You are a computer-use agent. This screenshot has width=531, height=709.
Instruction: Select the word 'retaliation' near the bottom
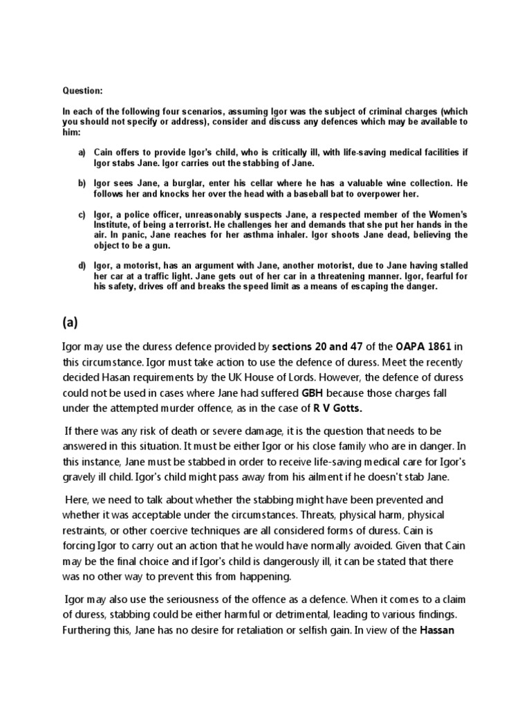(258, 631)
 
